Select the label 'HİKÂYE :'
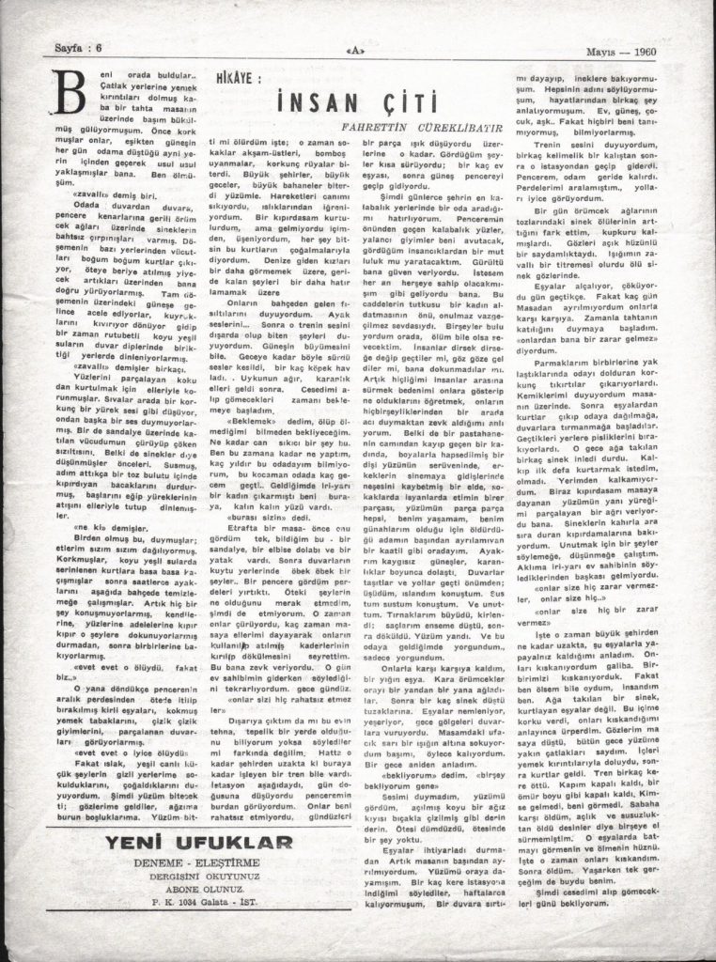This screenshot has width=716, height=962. pos(215,84)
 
